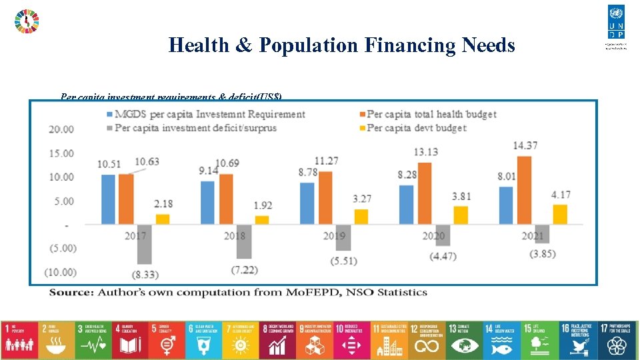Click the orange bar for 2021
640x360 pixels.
click(x=525, y=190)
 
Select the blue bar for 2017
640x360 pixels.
click(x=108, y=199)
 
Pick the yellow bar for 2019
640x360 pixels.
click(x=361, y=217)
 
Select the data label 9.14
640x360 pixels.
click(x=208, y=171)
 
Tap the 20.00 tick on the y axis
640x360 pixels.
click(x=61, y=129)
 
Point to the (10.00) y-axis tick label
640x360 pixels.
click(x=61, y=272)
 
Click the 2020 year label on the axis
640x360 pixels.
click(x=434, y=235)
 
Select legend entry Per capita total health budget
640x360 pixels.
click(x=431, y=114)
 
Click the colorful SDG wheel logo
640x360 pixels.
click(x=27, y=21)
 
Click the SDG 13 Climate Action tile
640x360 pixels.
click(x=463, y=337)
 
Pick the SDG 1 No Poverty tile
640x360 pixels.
click(x=20, y=337)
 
